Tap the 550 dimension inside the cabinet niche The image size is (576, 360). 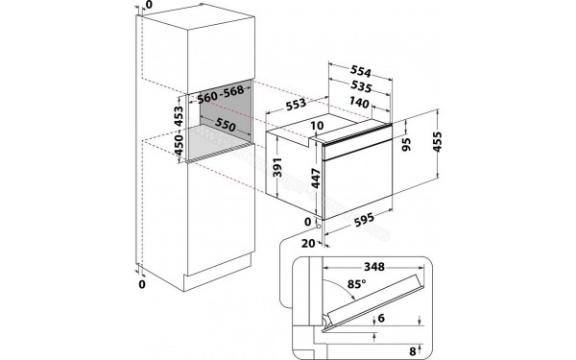tap(225, 125)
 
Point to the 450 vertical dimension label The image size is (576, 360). tap(178, 145)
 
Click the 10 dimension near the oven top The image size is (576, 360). tap(317, 126)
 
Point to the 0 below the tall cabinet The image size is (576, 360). tap(141, 285)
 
